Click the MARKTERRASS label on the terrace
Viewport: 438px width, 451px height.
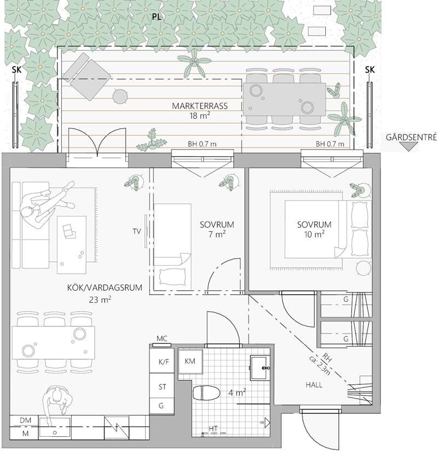click(200, 106)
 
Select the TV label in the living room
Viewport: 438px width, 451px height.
click(136, 231)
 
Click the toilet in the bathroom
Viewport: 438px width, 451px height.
click(206, 393)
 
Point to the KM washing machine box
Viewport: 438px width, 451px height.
click(190, 361)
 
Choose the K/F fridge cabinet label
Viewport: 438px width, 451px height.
click(164, 362)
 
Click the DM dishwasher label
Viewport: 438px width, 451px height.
click(25, 420)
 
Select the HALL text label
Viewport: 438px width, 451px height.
click(314, 385)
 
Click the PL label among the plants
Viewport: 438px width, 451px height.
click(157, 17)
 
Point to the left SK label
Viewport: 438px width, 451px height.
click(17, 69)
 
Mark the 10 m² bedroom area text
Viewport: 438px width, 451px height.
click(314, 235)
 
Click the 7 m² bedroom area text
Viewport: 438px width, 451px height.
click(217, 235)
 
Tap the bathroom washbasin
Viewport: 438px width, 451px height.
click(260, 368)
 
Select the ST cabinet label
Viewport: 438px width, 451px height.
click(162, 387)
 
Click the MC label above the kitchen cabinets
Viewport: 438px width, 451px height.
click(162, 338)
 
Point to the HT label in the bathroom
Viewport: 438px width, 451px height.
click(213, 429)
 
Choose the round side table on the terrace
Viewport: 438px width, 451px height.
click(120, 96)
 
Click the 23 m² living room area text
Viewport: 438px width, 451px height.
click(100, 300)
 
